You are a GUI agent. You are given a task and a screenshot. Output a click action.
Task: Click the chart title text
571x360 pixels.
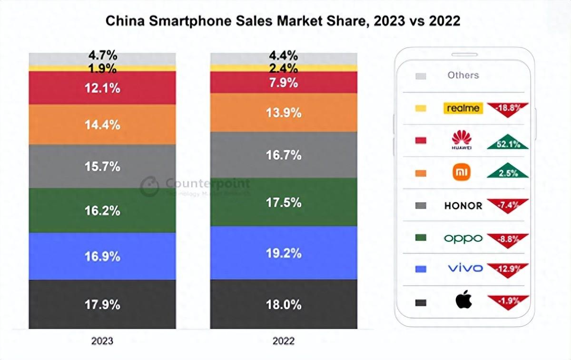tap(283, 21)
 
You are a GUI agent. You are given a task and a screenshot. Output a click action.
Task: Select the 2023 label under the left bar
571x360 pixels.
tap(102, 341)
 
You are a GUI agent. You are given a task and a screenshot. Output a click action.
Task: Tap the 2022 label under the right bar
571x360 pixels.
tap(284, 341)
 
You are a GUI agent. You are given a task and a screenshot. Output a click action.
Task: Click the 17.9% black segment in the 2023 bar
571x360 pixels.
tap(102, 304)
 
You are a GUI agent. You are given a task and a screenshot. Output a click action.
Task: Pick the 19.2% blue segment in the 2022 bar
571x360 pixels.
tap(284, 253)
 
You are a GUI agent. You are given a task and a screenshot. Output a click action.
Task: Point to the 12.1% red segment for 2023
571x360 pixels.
tap(102, 88)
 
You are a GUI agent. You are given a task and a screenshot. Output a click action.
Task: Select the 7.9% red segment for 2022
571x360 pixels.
tap(284, 82)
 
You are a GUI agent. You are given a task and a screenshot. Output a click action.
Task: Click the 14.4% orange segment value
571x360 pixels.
tap(102, 125)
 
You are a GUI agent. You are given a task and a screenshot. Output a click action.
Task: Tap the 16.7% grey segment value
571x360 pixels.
tap(284, 155)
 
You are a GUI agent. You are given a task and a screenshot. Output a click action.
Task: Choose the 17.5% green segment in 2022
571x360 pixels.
tap(284, 202)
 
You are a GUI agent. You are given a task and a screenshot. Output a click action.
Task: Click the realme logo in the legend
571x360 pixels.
tap(463, 108)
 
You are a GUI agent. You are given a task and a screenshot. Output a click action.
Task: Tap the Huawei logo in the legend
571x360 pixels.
tap(461, 140)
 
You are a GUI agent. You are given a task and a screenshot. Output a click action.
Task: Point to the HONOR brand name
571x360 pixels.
tap(463, 206)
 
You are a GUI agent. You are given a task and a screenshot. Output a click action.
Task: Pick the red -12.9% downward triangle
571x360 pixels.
tap(508, 269)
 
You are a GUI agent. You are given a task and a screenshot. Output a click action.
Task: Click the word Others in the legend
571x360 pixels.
tap(463, 75)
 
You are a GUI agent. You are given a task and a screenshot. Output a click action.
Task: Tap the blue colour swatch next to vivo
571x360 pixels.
tap(421, 269)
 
